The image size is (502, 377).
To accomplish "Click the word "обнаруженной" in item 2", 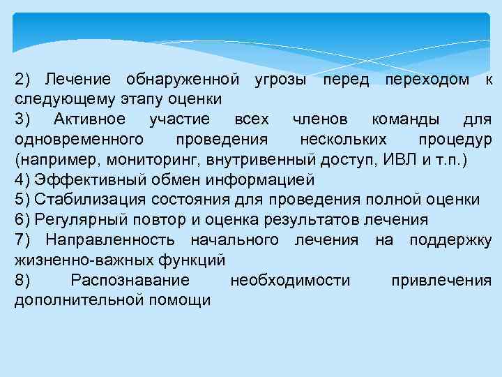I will point(184,79).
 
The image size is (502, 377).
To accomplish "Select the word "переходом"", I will point(427,79).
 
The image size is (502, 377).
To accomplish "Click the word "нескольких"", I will point(338,140).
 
